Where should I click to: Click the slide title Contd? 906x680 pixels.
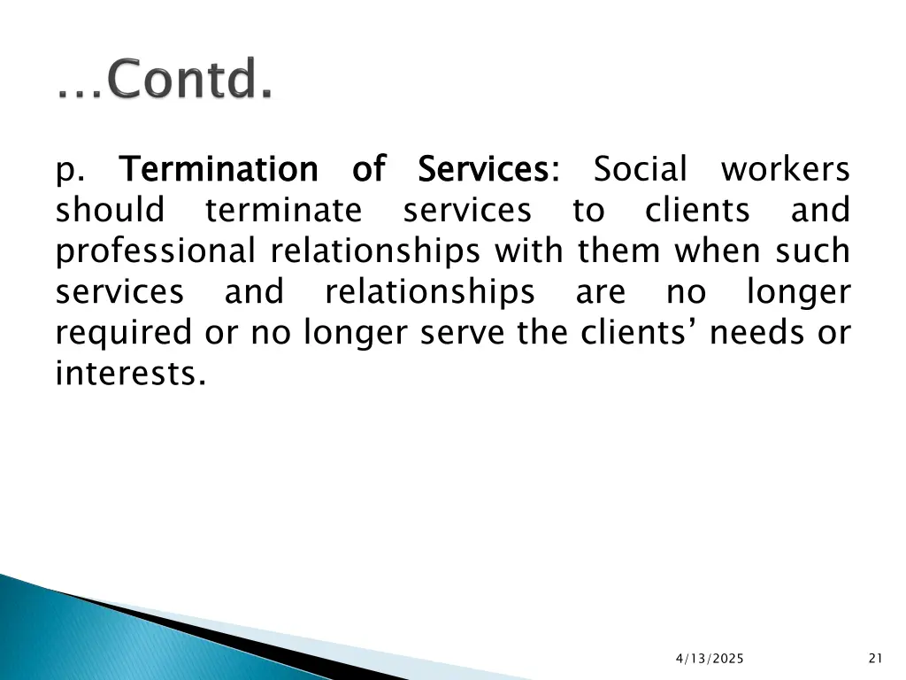[165, 81]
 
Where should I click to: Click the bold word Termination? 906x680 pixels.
[218, 168]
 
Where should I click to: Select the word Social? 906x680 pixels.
[641, 168]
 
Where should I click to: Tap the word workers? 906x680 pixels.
[786, 168]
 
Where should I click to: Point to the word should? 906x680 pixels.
[110, 211]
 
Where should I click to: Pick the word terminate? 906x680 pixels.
[283, 211]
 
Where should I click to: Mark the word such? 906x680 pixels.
[813, 251]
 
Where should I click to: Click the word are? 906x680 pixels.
[600, 292]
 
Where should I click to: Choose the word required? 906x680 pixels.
[122, 334]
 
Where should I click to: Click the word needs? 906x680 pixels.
[756, 334]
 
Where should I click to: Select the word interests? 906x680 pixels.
[131, 375]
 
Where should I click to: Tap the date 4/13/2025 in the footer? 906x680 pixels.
[710, 658]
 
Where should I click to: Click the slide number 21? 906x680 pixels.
[876, 657]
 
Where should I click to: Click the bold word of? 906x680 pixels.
[368, 168]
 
